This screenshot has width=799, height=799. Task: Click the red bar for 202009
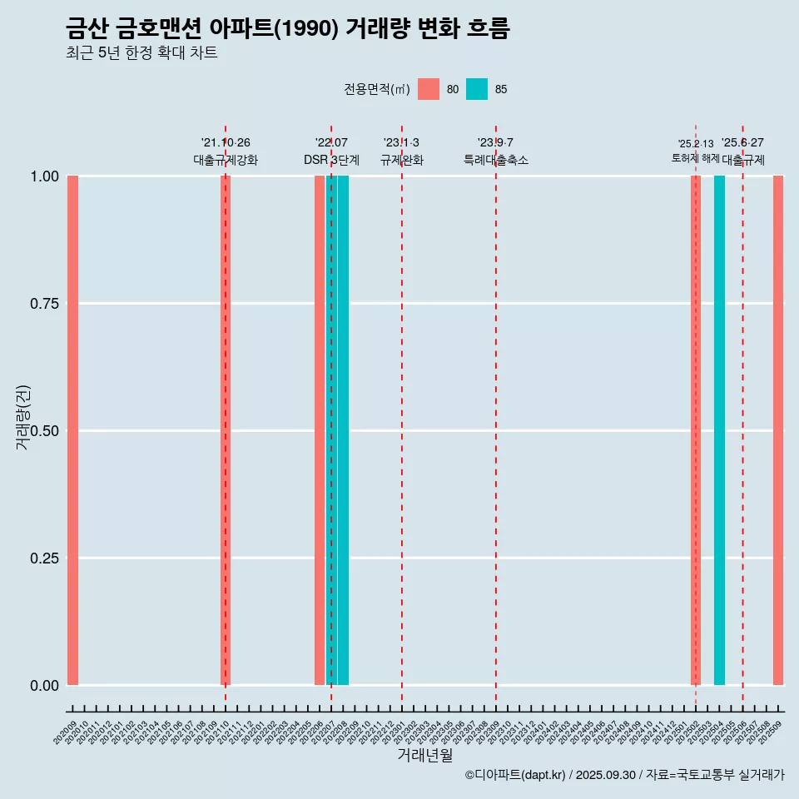tap(72, 430)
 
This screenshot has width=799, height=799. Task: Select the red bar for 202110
tap(225, 430)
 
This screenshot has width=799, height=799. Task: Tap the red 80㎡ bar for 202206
tap(320, 430)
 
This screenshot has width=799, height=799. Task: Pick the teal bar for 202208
tap(343, 430)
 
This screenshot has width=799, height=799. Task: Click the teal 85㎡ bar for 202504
tap(719, 430)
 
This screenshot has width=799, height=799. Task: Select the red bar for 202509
tap(778, 430)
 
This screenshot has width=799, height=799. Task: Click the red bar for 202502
tap(696, 430)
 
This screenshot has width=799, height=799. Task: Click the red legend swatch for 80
tap(429, 89)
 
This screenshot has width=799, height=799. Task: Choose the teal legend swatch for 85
tap(477, 89)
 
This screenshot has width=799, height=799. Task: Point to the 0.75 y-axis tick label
tap(44, 304)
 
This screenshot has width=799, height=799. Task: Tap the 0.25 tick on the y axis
tap(44, 558)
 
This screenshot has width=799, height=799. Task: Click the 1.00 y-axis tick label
tap(44, 176)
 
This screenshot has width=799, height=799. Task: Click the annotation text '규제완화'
tap(402, 160)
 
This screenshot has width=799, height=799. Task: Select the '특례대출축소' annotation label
tap(496, 160)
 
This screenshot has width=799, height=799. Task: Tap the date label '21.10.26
tap(226, 142)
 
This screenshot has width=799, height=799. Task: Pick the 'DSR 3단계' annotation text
tap(331, 160)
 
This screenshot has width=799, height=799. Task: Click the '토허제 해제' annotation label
tap(695, 158)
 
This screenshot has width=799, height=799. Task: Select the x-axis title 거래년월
tap(425, 755)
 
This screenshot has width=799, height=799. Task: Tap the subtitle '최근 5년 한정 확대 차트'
tap(141, 53)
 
